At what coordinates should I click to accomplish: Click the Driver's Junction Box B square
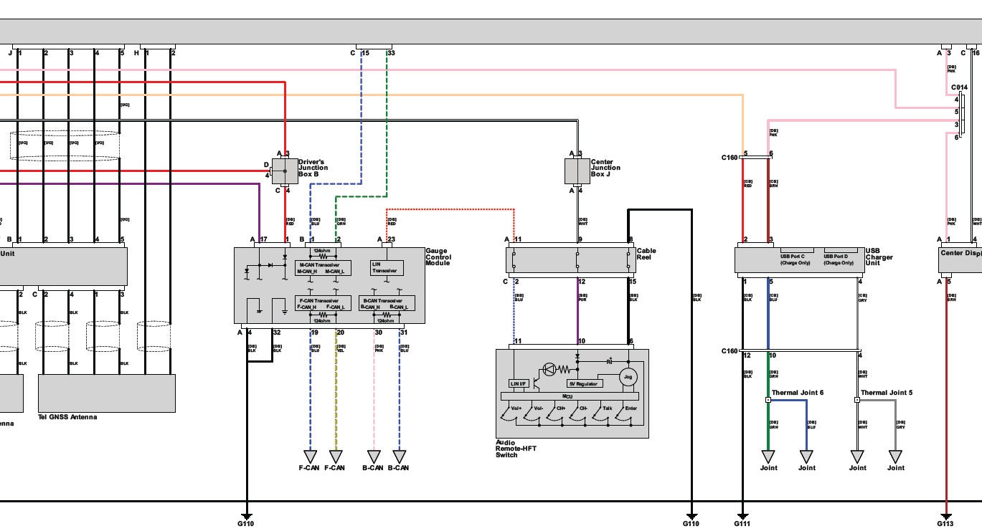coord(284,171)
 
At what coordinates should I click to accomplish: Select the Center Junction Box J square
coord(577,171)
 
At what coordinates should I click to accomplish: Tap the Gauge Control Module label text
coord(438,257)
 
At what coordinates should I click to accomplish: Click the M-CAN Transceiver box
coord(323,268)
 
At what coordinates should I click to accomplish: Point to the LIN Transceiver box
coord(387,267)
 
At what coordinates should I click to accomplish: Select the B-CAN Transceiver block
coord(387,303)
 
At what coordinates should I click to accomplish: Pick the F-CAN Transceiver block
coord(323,303)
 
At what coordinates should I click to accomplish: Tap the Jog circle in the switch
coord(628,376)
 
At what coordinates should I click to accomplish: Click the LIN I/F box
coord(519,383)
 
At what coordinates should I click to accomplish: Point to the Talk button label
coord(607,408)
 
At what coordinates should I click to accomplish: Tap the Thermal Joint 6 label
coord(797,393)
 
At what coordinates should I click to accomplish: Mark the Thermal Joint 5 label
coord(886,393)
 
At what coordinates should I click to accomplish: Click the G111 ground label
coord(742,524)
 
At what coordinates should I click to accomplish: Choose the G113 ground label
coord(946,524)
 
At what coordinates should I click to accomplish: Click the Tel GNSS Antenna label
coord(67,417)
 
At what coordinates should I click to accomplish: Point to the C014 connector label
coord(959,87)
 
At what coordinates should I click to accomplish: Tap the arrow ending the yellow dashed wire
coord(336,456)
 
